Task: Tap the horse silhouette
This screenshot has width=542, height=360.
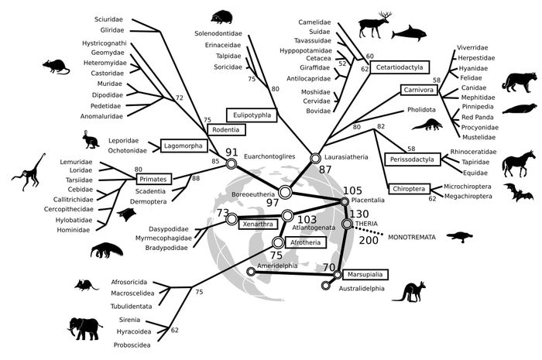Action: click(517, 165)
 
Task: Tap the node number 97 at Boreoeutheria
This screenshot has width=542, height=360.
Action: click(273, 202)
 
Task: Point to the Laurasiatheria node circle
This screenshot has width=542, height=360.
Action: click(315, 158)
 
